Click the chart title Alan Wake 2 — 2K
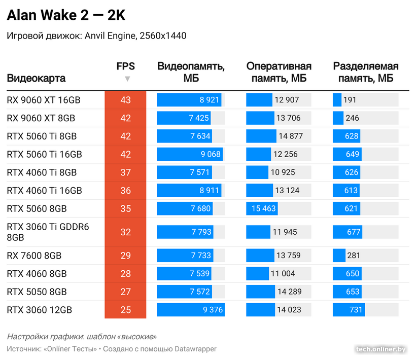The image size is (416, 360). point(66,16)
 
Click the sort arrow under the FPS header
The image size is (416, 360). point(127,79)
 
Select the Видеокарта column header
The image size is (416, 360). point(36,79)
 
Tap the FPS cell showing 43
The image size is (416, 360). point(125,100)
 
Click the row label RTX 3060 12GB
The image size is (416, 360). point(40,310)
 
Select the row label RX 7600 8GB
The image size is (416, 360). point(37,256)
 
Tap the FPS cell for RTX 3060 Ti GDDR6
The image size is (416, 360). point(125,232)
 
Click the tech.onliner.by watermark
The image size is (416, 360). point(381,349)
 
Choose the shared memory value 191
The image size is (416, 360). point(350,100)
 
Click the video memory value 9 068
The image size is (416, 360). point(210,154)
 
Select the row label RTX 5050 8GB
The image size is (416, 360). point(37,292)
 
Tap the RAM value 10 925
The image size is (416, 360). point(283,172)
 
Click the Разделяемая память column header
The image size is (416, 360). point(365,72)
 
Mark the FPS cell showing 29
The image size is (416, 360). point(125,256)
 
